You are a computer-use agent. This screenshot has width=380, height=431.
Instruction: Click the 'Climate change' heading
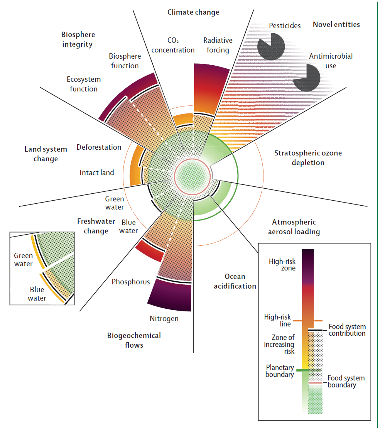(193, 12)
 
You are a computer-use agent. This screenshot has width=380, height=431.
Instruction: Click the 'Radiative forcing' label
(218, 45)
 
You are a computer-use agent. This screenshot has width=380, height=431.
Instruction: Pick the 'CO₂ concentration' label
(173, 45)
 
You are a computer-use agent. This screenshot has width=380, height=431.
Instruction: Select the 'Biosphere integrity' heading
(78, 39)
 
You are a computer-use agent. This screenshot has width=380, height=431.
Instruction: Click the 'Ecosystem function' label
(83, 84)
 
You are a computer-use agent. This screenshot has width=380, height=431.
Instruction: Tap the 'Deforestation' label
(99, 147)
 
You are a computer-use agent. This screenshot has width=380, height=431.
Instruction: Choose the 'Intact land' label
(97, 172)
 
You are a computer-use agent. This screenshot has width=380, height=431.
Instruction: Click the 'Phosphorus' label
(131, 282)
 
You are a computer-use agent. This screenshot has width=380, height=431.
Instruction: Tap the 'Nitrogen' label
(164, 319)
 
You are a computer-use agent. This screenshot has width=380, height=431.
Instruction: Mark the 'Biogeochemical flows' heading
(134, 340)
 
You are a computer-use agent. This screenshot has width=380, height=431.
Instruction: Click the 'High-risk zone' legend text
(282, 265)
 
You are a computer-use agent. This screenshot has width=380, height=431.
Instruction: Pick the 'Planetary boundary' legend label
(280, 371)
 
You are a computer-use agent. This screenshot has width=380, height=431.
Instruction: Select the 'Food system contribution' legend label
(347, 330)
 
